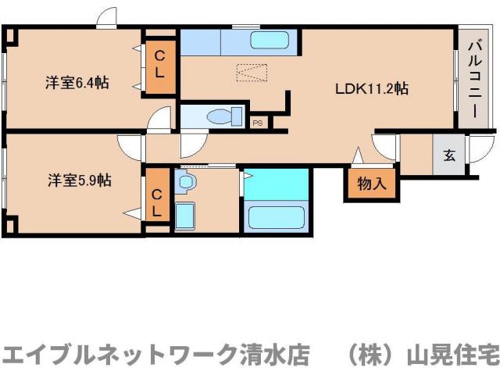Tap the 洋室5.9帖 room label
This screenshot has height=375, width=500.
[x=79, y=180]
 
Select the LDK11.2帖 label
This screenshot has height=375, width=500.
[x=372, y=88]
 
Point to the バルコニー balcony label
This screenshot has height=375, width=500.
[x=474, y=77]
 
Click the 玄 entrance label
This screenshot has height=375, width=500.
[x=450, y=155]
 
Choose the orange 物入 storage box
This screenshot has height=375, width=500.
[x=372, y=184]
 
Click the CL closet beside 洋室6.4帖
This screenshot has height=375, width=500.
[x=159, y=64]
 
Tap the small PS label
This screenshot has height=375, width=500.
[x=257, y=123]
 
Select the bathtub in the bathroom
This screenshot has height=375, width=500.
[x=275, y=216]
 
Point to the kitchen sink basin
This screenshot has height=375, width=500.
[x=270, y=41]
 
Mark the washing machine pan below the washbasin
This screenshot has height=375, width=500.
[x=184, y=215]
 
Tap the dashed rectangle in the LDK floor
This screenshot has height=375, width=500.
[x=252, y=73]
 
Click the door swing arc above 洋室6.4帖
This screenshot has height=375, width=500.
[x=107, y=18]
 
